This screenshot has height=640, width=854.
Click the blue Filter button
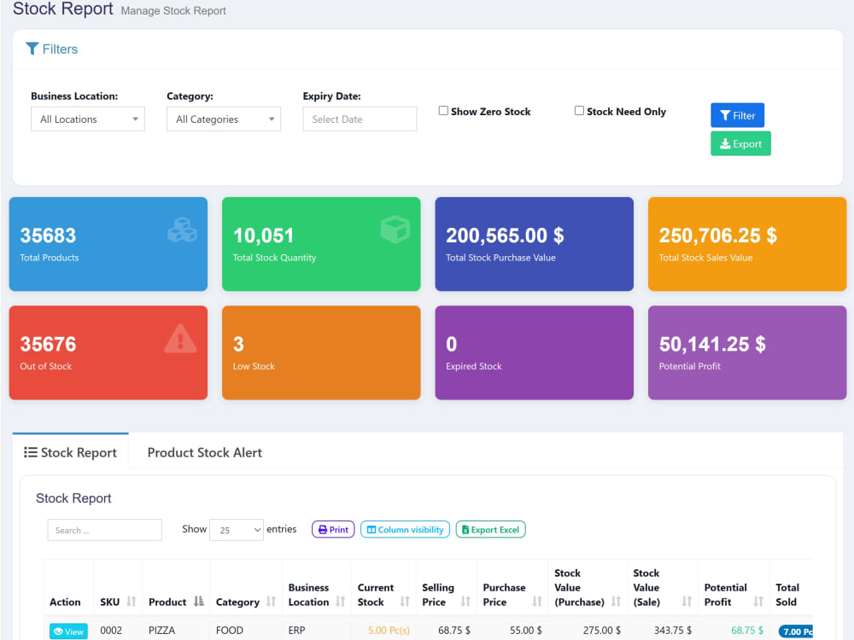[x=737, y=115]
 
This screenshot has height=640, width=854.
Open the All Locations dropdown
[x=88, y=119]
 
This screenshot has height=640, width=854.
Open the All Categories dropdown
[x=223, y=119]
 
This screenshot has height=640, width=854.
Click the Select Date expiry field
[x=360, y=119]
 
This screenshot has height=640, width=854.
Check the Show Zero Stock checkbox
[x=443, y=111]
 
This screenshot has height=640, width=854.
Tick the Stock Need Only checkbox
[x=580, y=111]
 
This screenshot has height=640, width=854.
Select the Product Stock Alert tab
[x=205, y=453]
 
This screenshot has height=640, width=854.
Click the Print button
[x=333, y=530]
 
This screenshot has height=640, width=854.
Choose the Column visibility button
[x=405, y=530]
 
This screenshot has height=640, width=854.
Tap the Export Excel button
[x=491, y=530]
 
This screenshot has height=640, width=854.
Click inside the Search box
[x=104, y=530]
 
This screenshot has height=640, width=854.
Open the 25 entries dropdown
[x=237, y=530]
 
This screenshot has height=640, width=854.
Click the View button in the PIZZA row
[x=68, y=631]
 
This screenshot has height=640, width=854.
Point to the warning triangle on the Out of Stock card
[x=180, y=339]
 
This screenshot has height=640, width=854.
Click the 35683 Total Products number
[x=48, y=236]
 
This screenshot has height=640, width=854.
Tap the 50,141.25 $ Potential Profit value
[x=712, y=344]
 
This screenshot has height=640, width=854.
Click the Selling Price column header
[x=438, y=595]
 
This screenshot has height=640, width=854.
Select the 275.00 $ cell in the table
[x=602, y=631]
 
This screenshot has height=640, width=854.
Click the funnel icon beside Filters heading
[x=32, y=49]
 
